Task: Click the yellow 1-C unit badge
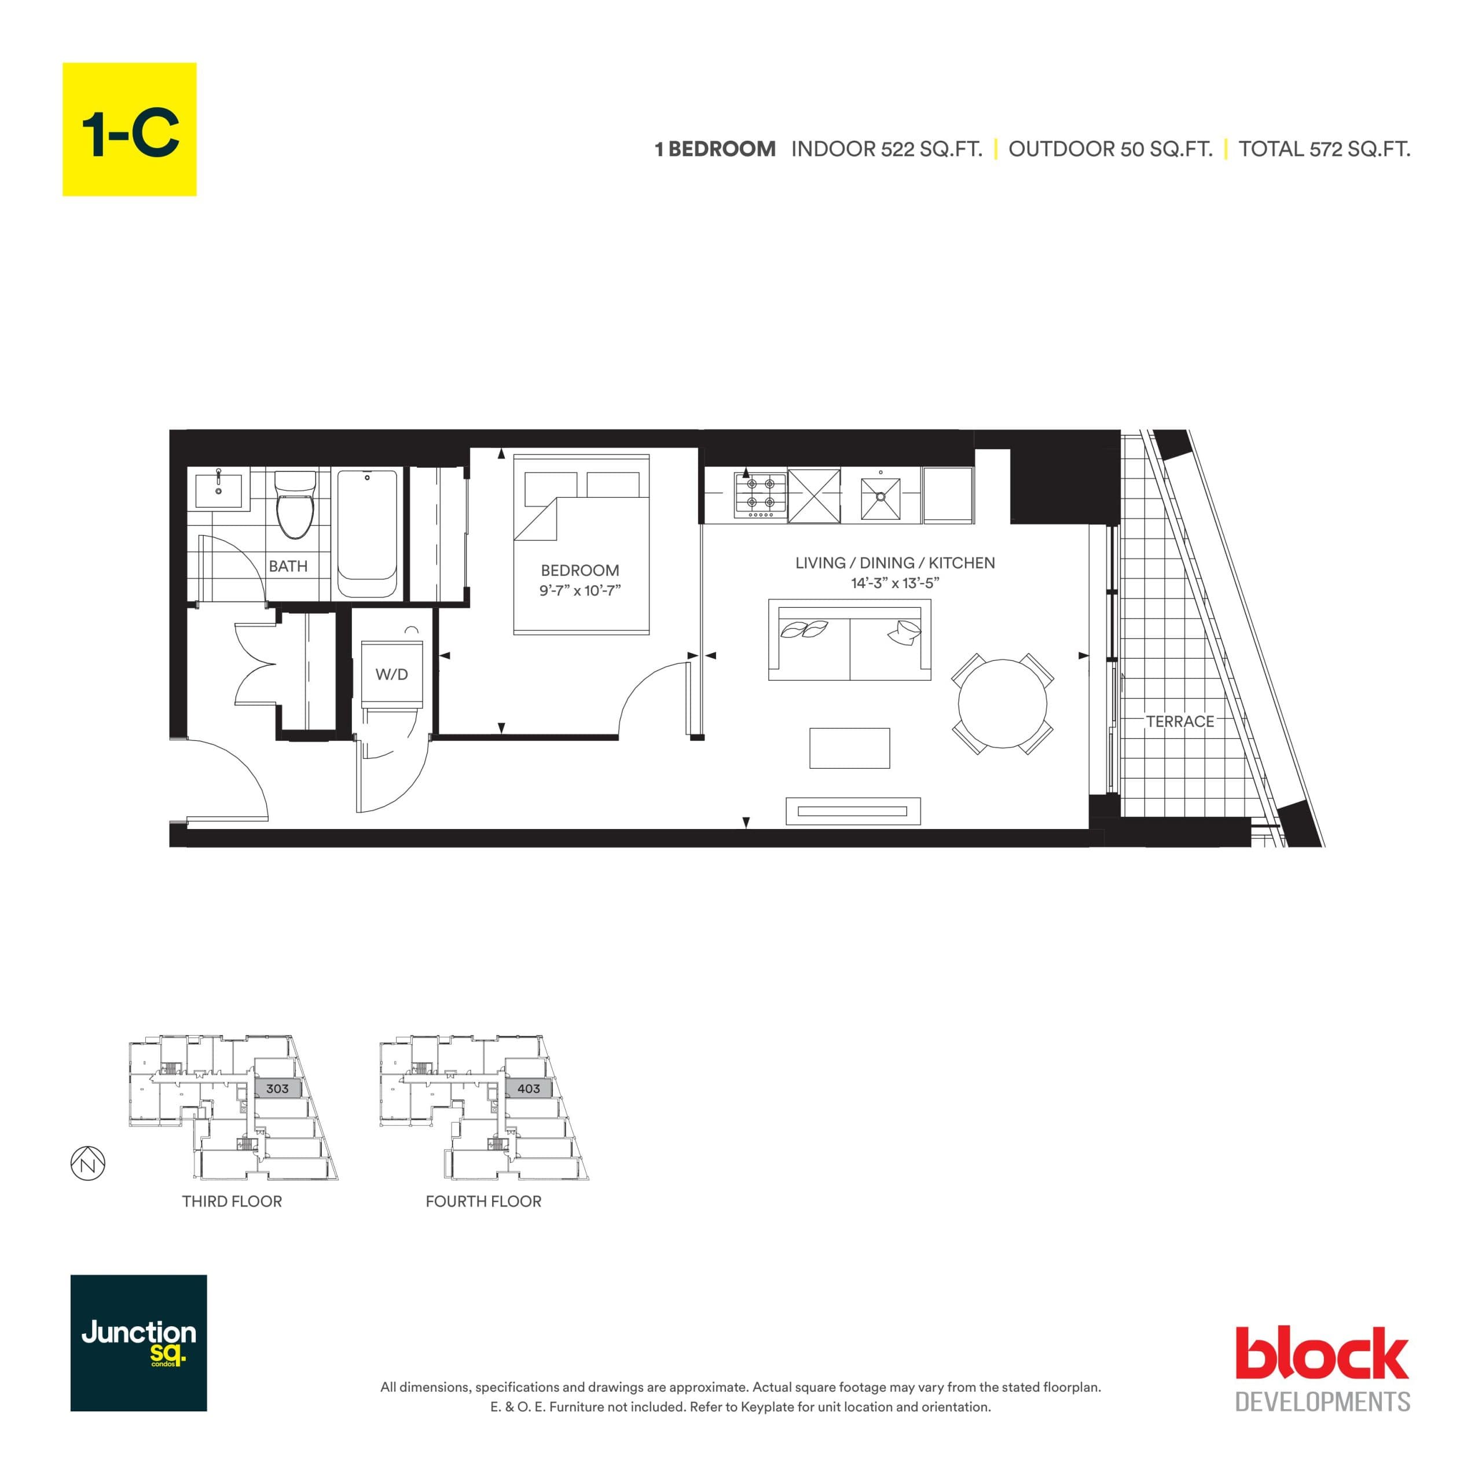129,129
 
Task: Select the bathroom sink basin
219,490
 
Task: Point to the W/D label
391,674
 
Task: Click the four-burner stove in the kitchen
760,493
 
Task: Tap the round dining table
1002,703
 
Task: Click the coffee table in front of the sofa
849,748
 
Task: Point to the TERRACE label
1179,721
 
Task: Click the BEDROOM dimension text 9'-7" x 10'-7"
579,590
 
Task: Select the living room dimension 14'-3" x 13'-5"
894,583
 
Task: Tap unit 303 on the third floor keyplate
277,1088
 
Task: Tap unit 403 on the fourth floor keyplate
529,1088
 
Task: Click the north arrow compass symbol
88,1164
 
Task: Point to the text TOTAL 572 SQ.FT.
1324,149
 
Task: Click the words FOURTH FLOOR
483,1201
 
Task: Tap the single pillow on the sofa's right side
905,632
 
